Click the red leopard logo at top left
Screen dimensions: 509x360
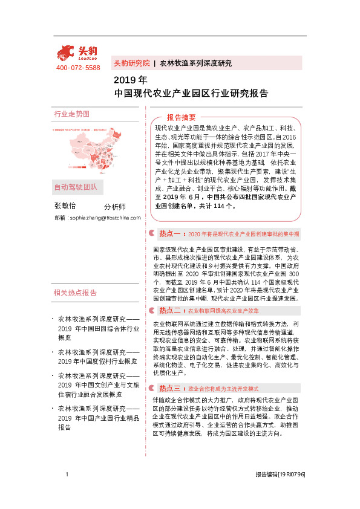(76, 53)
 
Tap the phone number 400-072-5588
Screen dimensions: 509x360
(77, 68)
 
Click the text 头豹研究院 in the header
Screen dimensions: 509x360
(131, 63)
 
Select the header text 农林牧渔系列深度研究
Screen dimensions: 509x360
(195, 63)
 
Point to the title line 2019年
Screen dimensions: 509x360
(130, 80)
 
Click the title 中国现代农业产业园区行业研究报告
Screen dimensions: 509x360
(191, 94)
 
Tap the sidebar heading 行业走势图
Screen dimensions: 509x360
(71, 114)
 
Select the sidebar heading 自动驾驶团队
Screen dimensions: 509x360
(75, 187)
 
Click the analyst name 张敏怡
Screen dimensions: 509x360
(65, 206)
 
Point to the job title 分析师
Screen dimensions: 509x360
(114, 207)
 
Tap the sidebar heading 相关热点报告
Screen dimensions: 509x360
(75, 293)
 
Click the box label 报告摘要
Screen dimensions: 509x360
(182, 117)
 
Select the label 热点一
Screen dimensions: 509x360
(170, 233)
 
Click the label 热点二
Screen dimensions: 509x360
(170, 310)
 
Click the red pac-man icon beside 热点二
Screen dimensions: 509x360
(152, 310)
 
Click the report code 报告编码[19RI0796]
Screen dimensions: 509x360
(280, 475)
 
